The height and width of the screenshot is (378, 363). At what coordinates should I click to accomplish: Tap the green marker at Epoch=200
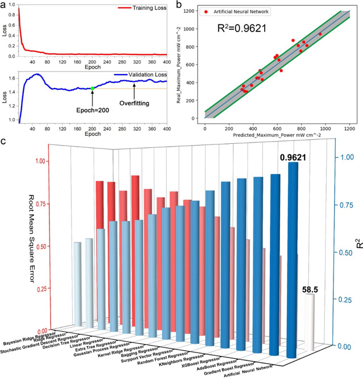pos(93,88)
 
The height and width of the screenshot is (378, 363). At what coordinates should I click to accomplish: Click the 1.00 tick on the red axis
pos(42,161)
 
